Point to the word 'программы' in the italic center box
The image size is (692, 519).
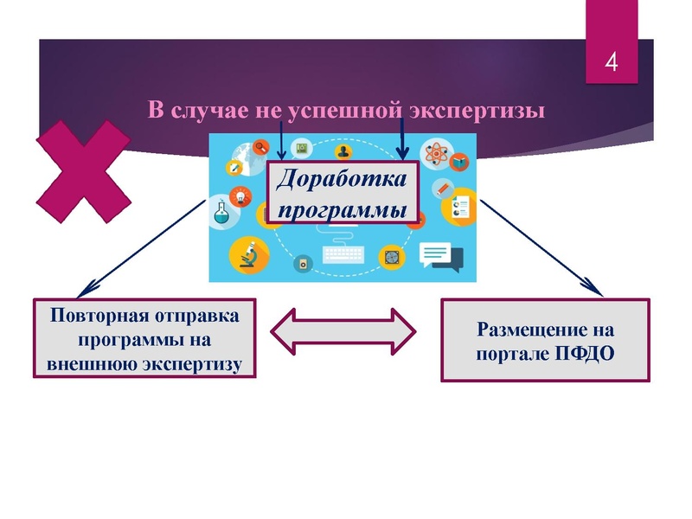(x=340, y=210)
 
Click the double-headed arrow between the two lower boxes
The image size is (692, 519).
(x=343, y=330)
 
